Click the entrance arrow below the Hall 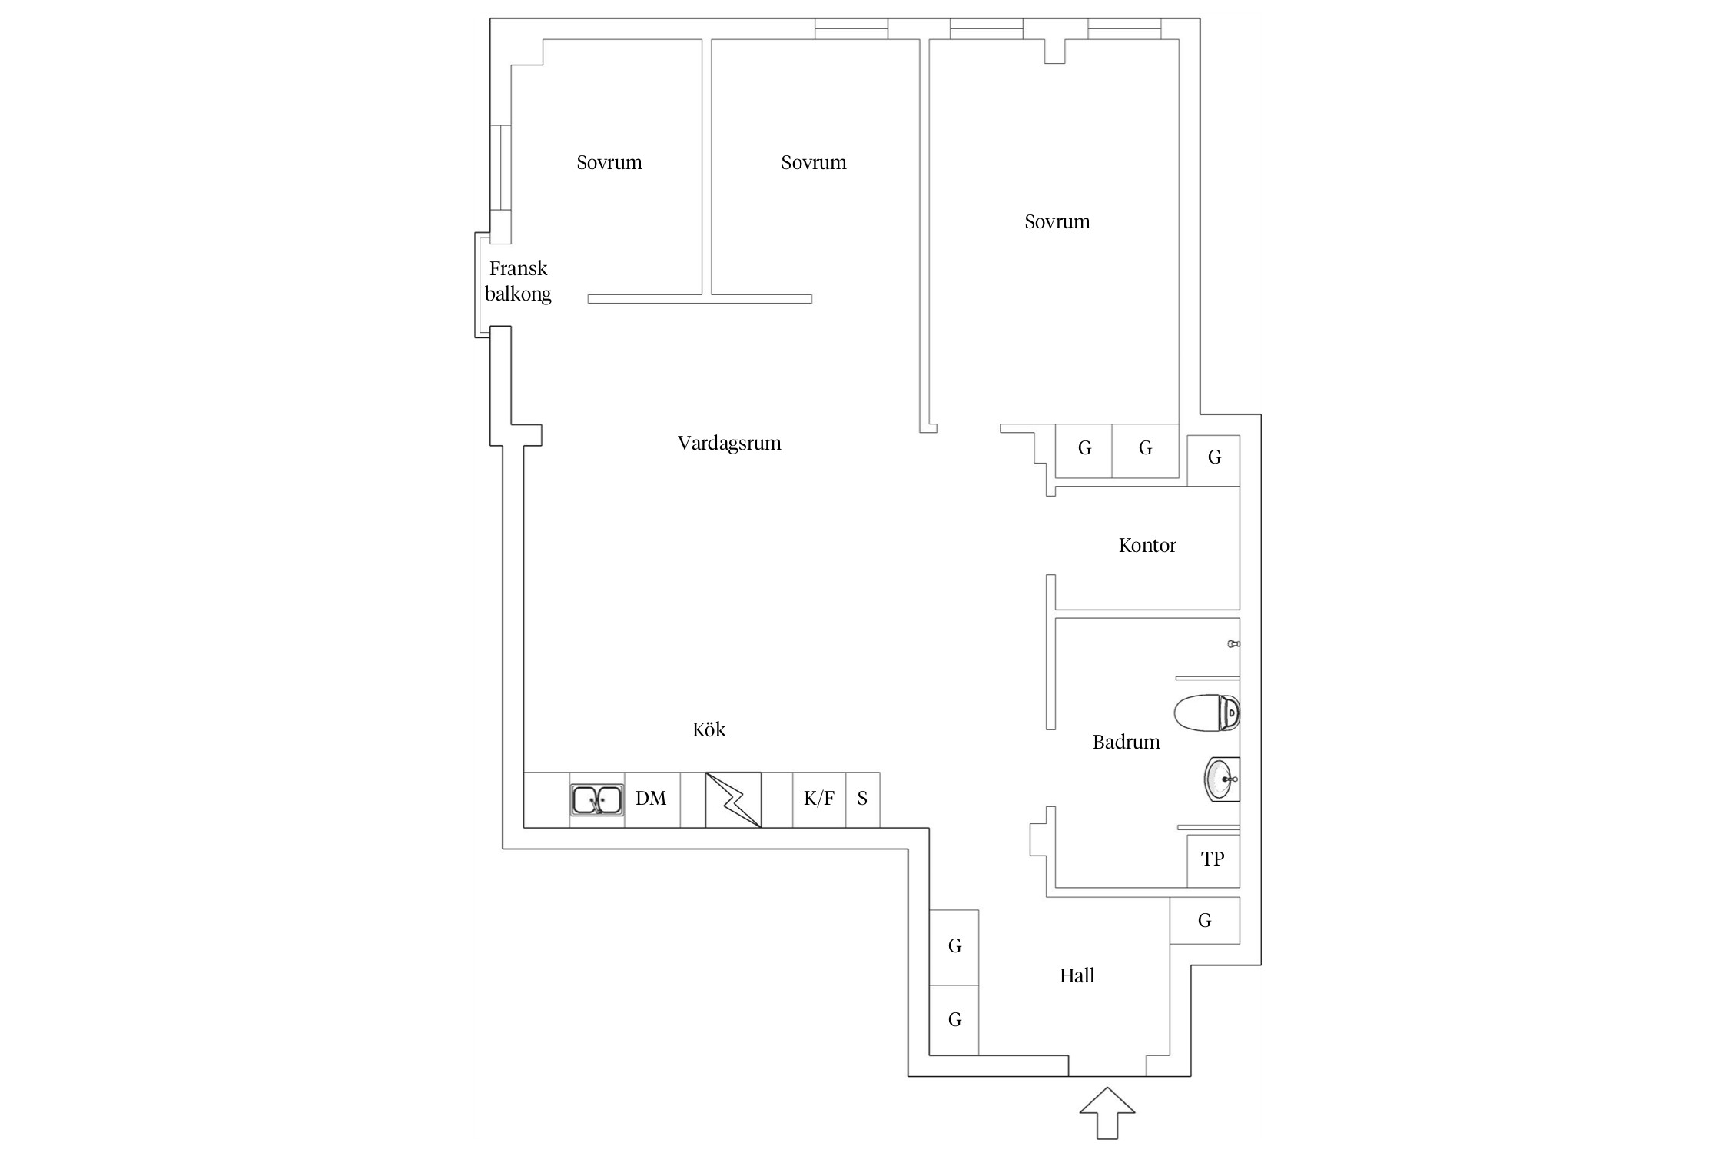1107,1112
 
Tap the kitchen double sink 597,799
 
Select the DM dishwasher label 651,799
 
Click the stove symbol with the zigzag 733,799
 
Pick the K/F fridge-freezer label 819,799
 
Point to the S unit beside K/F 862,799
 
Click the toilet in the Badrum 1206,713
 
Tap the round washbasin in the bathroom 1222,779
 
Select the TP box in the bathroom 1213,859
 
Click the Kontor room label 1147,546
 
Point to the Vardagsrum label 729,444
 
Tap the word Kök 709,729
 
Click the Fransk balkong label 518,281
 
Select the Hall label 1077,976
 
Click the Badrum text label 1127,743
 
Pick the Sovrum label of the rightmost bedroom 1057,222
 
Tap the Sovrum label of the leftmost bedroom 609,163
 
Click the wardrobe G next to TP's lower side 1205,921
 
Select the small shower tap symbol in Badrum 1234,644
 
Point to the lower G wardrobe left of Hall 954,1020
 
